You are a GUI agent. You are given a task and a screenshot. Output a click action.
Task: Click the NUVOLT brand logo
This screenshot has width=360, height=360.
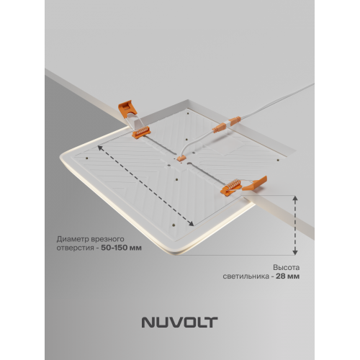[x=179, y=315]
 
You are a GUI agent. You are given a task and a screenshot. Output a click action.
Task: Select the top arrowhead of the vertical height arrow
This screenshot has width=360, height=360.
[x=295, y=197]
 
